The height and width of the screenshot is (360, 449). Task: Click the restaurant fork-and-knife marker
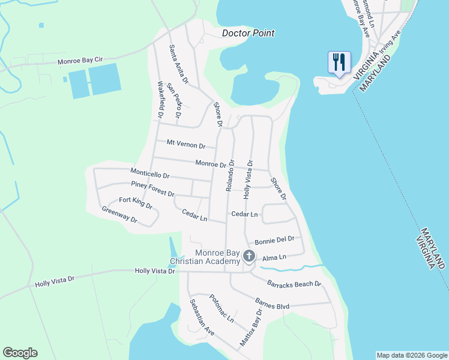[339, 62]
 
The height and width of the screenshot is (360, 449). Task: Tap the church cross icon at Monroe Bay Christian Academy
[249, 257]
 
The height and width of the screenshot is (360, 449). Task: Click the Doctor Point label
[248, 33]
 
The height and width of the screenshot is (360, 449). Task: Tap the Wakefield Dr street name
[160, 99]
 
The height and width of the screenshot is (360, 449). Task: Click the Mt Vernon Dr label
[186, 145]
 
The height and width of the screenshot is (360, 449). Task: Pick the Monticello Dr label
[150, 173]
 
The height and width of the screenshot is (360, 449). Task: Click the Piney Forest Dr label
[152, 189]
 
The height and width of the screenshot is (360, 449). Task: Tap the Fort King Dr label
[135, 203]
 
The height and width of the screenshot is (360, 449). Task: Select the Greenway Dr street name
[119, 215]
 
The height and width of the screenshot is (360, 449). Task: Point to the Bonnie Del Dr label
[274, 239]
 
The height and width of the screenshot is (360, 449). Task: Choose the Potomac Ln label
[221, 308]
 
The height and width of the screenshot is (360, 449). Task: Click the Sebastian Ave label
[202, 317]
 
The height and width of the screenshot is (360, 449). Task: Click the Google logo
[20, 353]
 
